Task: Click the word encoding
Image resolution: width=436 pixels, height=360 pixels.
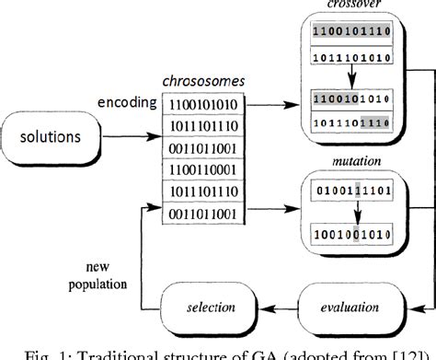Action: tap(125, 103)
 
